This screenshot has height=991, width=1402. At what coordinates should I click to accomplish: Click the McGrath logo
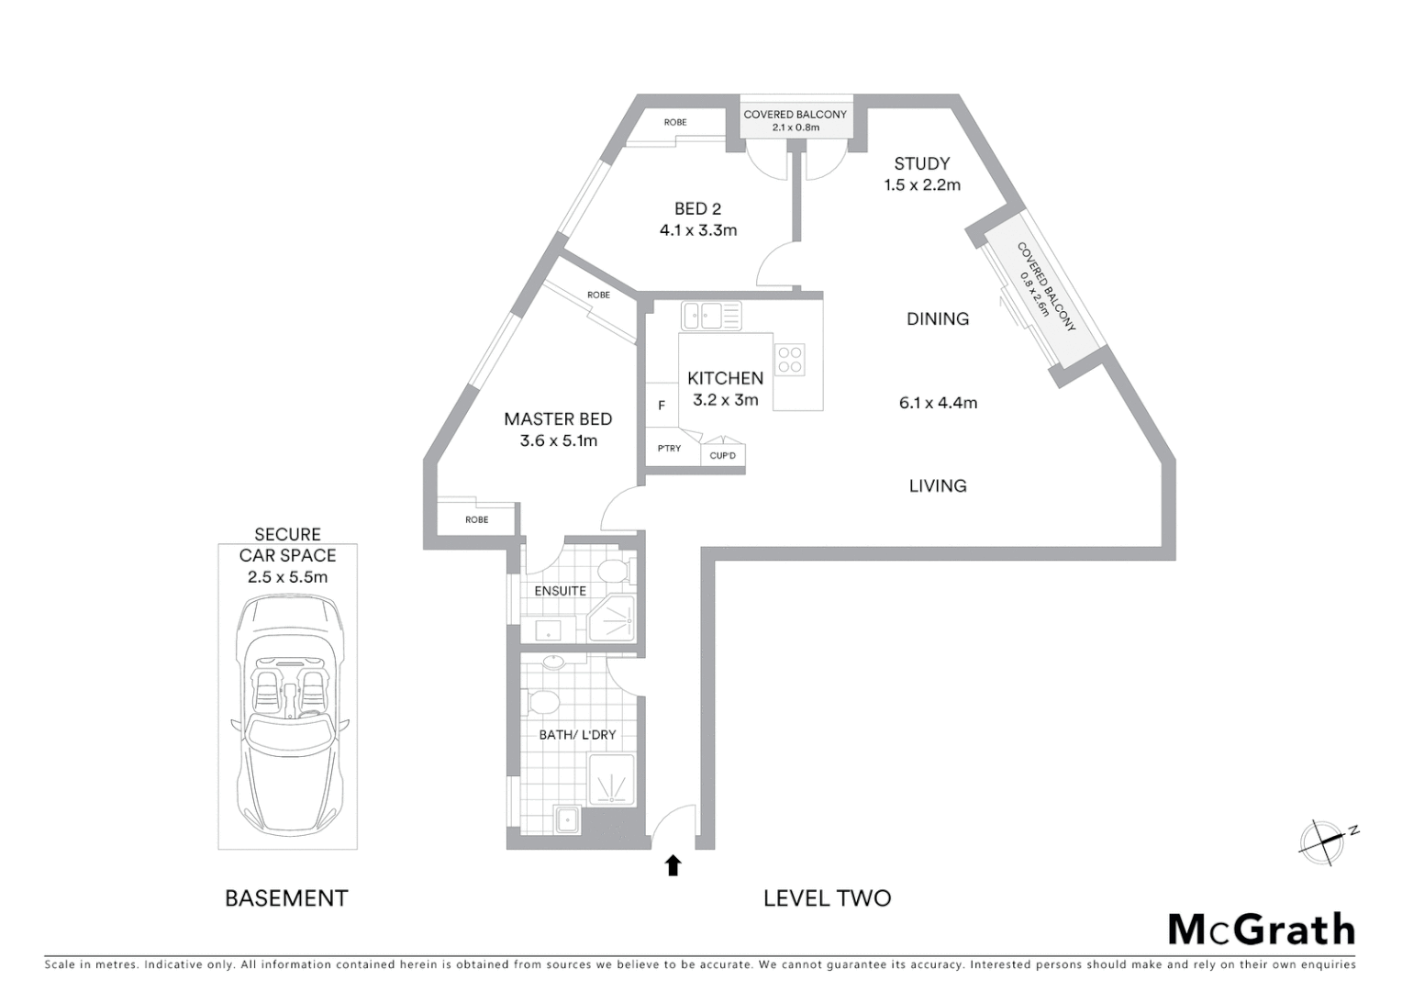[1262, 930]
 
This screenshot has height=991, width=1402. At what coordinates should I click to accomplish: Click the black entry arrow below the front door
[673, 864]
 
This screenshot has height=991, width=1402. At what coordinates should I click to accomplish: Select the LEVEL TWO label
[827, 898]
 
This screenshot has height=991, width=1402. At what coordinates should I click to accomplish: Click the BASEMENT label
[286, 898]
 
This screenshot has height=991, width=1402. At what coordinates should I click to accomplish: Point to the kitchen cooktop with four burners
[790, 360]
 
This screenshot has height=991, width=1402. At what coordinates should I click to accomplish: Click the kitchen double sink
[711, 317]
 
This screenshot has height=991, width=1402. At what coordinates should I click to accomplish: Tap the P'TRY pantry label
[669, 449]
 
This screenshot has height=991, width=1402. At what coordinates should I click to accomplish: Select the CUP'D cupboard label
[723, 455]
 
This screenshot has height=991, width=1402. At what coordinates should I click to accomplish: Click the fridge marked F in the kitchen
[662, 405]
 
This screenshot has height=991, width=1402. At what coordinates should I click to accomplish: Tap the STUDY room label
[921, 163]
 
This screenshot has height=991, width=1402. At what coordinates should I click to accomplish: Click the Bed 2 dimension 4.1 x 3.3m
[697, 230]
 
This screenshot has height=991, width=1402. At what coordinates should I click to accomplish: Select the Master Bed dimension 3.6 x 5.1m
[558, 440]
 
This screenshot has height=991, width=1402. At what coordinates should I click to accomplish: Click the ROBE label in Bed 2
[675, 122]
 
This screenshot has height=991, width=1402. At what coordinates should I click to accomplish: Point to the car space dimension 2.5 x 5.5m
[287, 577]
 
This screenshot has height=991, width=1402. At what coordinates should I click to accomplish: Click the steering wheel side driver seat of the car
[267, 686]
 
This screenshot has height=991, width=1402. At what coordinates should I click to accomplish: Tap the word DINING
[937, 318]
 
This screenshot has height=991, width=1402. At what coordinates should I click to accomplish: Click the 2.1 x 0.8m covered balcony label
[796, 127]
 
